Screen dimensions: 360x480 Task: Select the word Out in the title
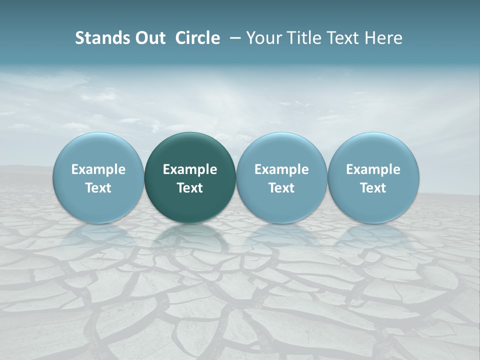149,38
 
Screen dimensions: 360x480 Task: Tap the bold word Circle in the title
197,38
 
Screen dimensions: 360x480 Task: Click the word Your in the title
263,38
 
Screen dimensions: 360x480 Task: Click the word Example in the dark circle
190,169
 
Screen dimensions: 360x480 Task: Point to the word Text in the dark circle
190,188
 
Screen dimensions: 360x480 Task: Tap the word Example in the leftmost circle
98,169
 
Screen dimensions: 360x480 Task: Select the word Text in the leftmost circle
98,188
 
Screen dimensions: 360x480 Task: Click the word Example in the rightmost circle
373,169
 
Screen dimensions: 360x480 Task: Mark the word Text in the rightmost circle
373,188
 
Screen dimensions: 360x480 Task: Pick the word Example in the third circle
281,169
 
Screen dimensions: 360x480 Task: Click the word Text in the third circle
281,188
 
